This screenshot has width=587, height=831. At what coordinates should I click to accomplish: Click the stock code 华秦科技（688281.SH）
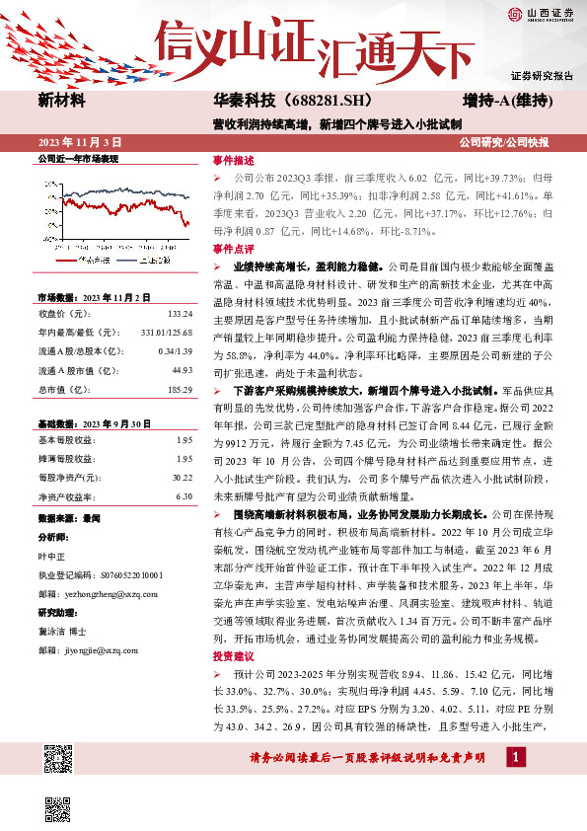[277, 101]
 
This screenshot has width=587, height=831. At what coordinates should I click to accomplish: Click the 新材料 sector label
[61, 101]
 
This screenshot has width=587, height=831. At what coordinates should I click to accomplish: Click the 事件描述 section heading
[234, 161]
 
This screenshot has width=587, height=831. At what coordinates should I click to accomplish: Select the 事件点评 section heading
[234, 249]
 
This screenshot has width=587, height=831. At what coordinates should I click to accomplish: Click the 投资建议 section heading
[234, 655]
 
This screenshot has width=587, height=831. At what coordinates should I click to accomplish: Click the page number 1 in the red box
[516, 757]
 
